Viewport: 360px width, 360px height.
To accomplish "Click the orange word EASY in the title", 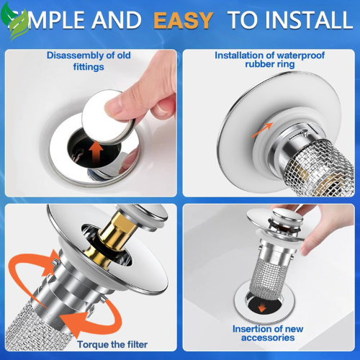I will pyautogui.click(x=181, y=19).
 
